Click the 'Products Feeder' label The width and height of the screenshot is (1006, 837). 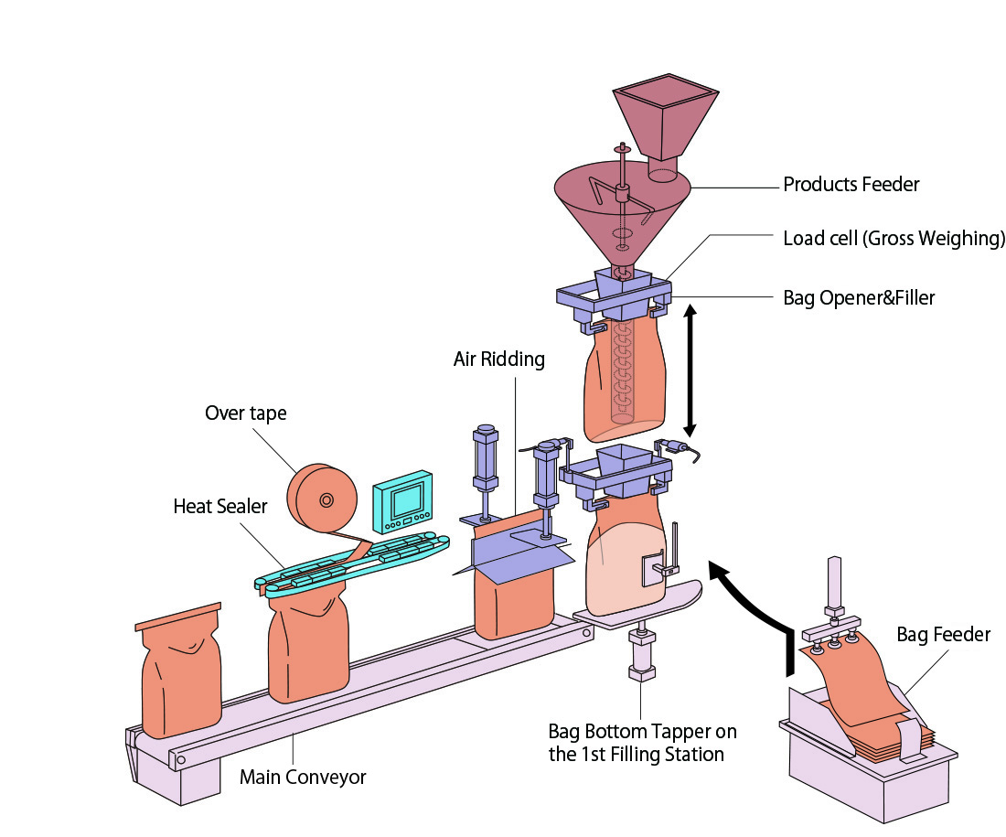851,185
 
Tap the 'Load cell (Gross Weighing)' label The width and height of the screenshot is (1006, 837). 894,239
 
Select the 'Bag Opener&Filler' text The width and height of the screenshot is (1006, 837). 859,297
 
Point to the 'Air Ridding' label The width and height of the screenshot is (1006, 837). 498,359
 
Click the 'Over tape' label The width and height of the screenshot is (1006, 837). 245,413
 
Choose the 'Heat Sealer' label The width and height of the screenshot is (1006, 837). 219,506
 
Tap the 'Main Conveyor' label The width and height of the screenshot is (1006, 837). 303,778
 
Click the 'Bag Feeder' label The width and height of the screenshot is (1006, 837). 943,634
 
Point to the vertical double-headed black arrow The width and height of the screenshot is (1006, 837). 690,371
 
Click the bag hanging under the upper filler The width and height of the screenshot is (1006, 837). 624,375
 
